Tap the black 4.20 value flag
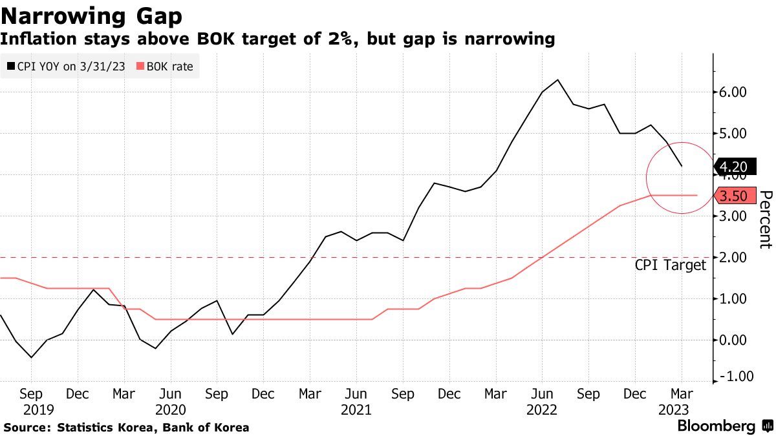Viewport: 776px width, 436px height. (733, 167)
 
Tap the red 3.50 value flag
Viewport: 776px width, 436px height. (733, 195)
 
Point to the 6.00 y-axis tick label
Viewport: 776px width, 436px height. (733, 92)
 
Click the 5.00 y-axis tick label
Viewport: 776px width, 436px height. (733, 134)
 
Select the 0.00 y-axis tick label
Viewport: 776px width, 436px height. (733, 340)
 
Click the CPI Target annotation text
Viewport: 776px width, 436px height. (671, 265)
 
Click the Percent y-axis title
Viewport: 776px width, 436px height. (766, 220)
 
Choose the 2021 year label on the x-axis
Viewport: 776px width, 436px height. (356, 410)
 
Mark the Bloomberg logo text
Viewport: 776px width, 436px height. (716, 426)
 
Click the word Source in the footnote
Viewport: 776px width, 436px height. (26, 427)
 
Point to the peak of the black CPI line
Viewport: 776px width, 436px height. (557, 80)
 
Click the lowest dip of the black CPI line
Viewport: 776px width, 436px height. (31, 357)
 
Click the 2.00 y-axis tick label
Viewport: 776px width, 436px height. (733, 257)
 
